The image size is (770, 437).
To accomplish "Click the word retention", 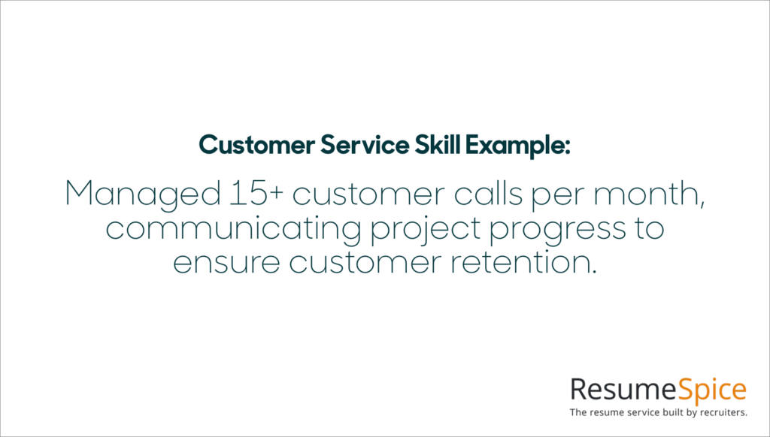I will [525, 264].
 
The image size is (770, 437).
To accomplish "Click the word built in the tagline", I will [662, 412].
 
